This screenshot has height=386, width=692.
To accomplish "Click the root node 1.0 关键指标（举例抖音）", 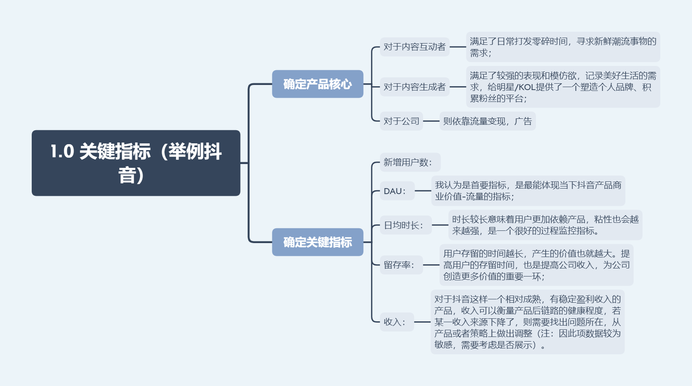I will tap(136, 163).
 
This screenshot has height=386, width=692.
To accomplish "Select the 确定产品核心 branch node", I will tap(317, 84).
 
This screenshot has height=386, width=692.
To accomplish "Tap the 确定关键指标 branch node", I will tap(317, 242).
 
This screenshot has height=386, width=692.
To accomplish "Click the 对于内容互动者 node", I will tap(415, 47).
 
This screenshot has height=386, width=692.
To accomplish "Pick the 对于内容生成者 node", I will tap(415, 87).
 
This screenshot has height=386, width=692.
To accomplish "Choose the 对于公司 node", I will tap(401, 121).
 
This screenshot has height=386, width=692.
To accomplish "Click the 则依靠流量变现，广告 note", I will tap(487, 121).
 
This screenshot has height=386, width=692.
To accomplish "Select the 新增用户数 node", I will tap(410, 162).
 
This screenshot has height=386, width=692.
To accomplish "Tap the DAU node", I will tap(397, 191).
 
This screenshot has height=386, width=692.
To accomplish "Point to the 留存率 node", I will tap(401, 265).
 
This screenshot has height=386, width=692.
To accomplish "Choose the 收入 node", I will tap(396, 322).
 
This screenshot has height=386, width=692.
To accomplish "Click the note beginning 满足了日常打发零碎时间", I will tap(563, 47).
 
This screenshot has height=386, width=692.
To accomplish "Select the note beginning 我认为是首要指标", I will tap(528, 191).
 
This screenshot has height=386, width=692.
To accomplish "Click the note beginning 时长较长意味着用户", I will tap(545, 225).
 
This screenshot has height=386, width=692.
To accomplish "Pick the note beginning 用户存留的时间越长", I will tap(536, 265).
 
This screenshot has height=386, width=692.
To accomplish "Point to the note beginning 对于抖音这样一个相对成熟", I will tap(527, 322).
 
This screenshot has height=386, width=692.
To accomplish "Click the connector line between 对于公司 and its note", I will tap(431, 121).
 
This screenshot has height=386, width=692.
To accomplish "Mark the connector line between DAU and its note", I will tap(423, 191).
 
